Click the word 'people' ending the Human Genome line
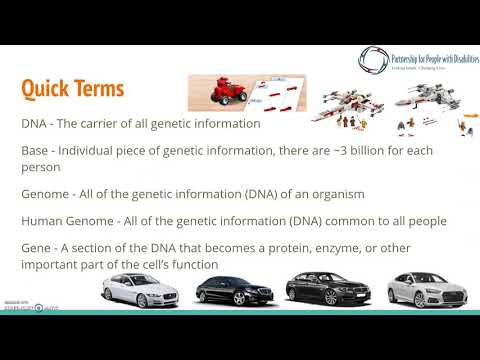click(424, 220)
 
